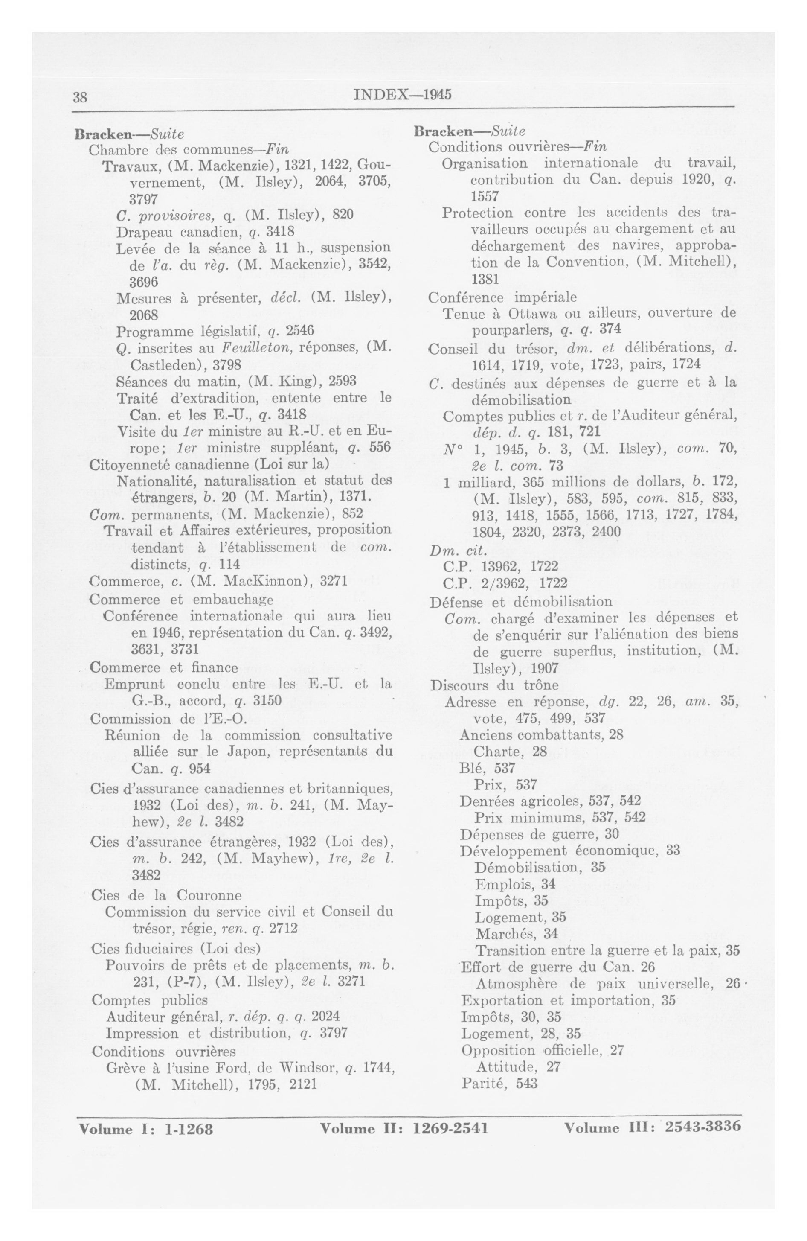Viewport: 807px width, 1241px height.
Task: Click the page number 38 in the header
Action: [80, 97]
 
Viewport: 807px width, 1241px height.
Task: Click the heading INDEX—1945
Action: [402, 94]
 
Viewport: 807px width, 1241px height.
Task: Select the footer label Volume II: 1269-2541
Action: [404, 1128]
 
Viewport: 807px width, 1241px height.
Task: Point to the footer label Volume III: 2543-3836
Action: [652, 1126]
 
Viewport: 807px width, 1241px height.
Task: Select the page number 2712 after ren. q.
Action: [283, 928]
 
